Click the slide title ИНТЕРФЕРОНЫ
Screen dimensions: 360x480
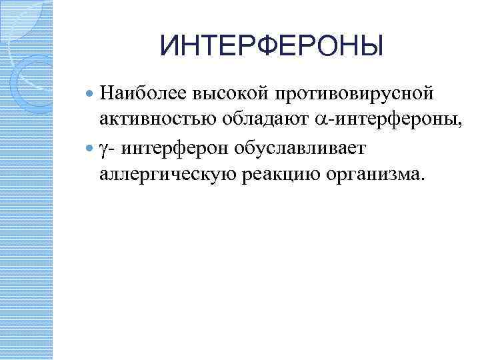coord(272,47)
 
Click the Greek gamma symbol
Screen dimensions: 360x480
coord(103,147)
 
